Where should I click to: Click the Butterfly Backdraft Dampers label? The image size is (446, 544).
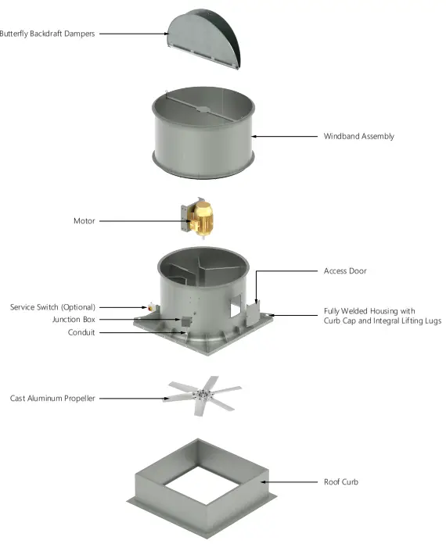tap(47, 34)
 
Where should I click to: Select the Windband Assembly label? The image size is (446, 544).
tap(358, 136)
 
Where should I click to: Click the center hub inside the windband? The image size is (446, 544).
tap(202, 109)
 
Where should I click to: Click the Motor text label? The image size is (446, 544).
tap(84, 221)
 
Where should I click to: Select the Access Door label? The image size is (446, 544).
tap(345, 271)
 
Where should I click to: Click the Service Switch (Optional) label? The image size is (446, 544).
tap(52, 307)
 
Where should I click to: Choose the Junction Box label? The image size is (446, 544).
tap(74, 320)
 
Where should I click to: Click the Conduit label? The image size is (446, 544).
tap(81, 332)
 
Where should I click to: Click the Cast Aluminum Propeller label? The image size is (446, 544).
tap(52, 399)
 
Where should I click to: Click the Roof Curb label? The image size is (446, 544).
tap(341, 481)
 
